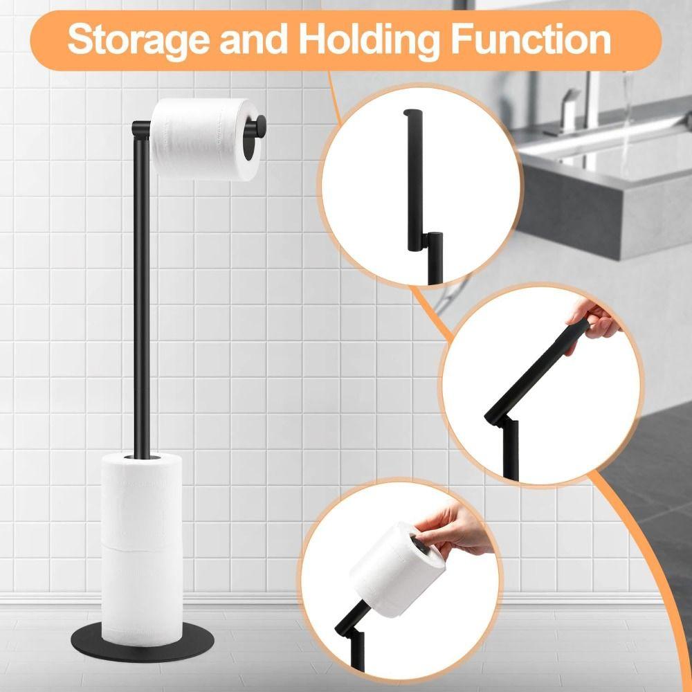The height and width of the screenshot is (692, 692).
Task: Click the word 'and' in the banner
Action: pos(252,40)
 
